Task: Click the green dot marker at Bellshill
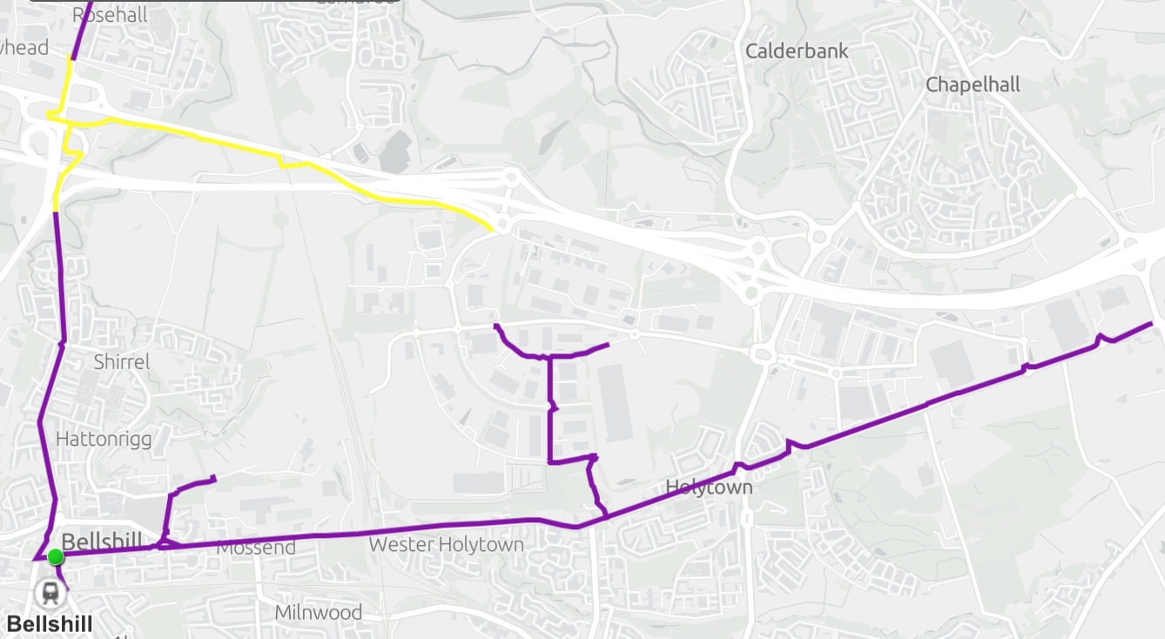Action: [x=56, y=556]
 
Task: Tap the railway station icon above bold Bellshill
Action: [x=50, y=594]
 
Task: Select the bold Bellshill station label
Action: [x=49, y=623]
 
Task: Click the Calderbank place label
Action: [x=796, y=51]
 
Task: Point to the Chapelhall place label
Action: [x=972, y=84]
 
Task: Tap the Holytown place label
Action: [x=708, y=487]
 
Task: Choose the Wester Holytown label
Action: [x=446, y=545]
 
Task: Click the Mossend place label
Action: [x=256, y=548]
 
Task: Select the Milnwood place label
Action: [x=318, y=612]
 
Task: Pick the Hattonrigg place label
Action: [x=104, y=439]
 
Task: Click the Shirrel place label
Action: [x=121, y=361]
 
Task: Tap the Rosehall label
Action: [x=110, y=14]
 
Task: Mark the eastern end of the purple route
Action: [x=1151, y=324]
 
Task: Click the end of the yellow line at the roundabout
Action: [x=493, y=229]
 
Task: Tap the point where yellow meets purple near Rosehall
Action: [x=72, y=58]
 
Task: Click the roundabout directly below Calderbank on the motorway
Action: [x=758, y=249]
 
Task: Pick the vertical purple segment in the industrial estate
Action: [x=549, y=409]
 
